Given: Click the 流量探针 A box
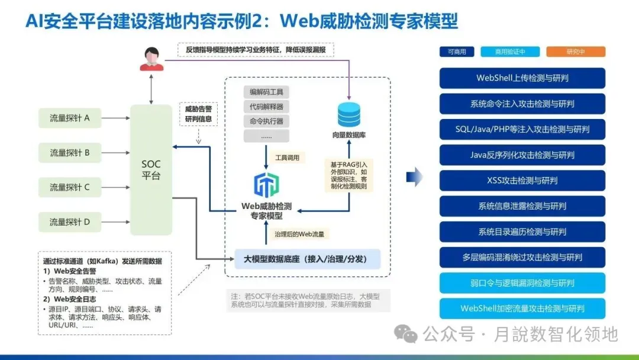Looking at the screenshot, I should (x=70, y=118).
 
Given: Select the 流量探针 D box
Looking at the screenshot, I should (x=70, y=222).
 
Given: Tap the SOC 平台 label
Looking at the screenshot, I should (x=151, y=170).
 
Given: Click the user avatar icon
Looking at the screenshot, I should (x=151, y=59).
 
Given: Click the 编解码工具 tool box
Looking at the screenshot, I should (x=266, y=92).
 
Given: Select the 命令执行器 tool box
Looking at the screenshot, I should (x=266, y=121).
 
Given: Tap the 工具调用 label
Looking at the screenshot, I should (x=288, y=157).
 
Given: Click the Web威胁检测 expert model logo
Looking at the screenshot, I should (x=266, y=185).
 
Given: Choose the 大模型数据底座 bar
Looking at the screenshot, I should (x=307, y=259).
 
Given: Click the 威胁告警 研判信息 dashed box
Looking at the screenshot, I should (x=198, y=114).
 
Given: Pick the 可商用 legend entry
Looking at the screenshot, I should (x=457, y=52).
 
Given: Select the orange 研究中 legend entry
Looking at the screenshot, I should (x=575, y=52).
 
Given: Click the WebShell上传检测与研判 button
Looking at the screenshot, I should (x=522, y=78).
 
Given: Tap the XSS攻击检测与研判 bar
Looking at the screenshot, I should (x=522, y=180).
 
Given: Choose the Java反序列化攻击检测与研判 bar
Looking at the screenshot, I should (x=522, y=155).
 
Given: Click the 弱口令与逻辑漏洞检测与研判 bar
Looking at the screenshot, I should (x=522, y=283).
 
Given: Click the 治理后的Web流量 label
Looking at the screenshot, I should (x=299, y=234).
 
